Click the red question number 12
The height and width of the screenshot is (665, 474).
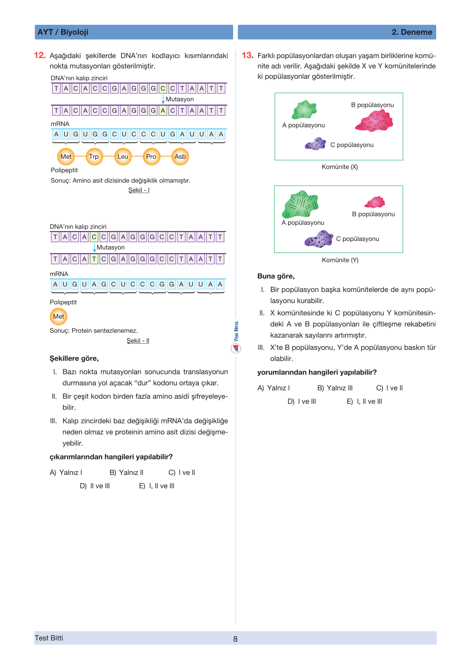[40, 55]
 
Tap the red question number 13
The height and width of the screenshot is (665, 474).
[247, 55]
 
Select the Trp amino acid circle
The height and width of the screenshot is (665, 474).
[94, 157]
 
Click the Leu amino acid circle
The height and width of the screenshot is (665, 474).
[123, 157]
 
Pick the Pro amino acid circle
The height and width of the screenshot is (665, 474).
[151, 157]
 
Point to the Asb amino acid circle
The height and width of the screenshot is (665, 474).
[180, 157]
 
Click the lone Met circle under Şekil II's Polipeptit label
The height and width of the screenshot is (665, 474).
[59, 317]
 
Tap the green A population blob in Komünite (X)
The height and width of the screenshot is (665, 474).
[304, 110]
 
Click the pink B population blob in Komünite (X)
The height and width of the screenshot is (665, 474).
[374, 121]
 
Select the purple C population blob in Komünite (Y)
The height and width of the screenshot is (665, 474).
[319, 239]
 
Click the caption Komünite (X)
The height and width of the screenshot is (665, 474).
[340, 167]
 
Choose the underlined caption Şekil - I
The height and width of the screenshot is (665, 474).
[139, 190]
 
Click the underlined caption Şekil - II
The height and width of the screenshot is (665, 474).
[138, 341]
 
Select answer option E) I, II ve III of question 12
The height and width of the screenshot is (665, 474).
[157, 486]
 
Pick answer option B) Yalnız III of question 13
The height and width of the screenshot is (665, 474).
[335, 388]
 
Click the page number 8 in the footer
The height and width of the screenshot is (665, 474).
[235, 639]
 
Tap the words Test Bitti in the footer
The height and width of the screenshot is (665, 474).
[49, 638]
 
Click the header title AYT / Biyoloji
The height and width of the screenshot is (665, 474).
[63, 32]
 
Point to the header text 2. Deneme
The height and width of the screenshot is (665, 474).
[412, 32]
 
